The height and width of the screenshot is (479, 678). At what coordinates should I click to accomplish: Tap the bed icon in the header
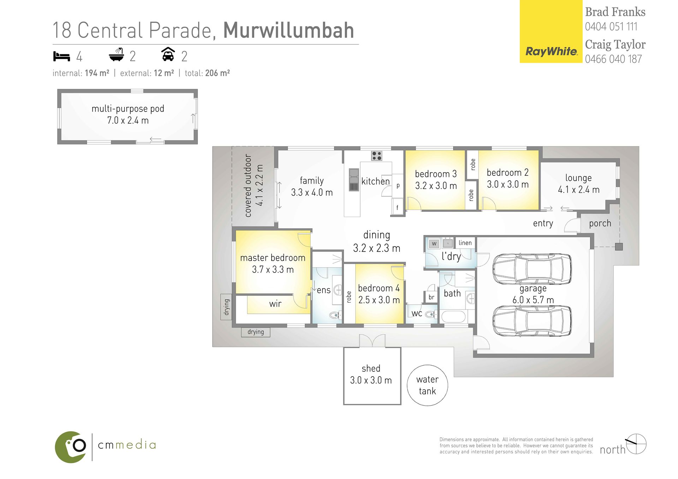(61, 56)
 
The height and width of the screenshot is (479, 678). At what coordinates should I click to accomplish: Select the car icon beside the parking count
(168, 55)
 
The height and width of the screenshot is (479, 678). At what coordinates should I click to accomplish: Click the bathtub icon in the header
(117, 55)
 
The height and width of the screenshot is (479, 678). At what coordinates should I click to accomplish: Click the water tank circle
(427, 385)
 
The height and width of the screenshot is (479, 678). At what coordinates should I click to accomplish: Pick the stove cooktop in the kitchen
(376, 156)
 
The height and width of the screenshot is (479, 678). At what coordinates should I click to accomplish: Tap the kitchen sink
(353, 180)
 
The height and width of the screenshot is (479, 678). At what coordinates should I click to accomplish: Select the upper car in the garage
(532, 269)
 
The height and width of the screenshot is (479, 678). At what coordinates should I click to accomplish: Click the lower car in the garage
(532, 321)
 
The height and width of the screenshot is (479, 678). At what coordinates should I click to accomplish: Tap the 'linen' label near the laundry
(465, 243)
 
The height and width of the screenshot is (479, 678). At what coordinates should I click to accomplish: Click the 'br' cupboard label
(431, 297)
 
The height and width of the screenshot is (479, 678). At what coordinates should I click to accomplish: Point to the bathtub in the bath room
(453, 317)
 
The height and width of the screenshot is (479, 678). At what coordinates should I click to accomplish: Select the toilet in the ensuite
(334, 315)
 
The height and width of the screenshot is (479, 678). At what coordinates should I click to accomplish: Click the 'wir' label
(275, 304)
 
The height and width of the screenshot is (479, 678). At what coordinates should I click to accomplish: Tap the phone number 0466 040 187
(613, 59)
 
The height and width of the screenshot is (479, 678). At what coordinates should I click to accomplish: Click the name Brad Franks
(615, 12)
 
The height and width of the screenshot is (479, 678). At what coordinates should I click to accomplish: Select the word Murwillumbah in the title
(289, 30)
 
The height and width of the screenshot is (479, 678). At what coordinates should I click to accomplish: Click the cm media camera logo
(71, 447)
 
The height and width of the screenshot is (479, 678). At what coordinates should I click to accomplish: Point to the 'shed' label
(371, 369)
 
